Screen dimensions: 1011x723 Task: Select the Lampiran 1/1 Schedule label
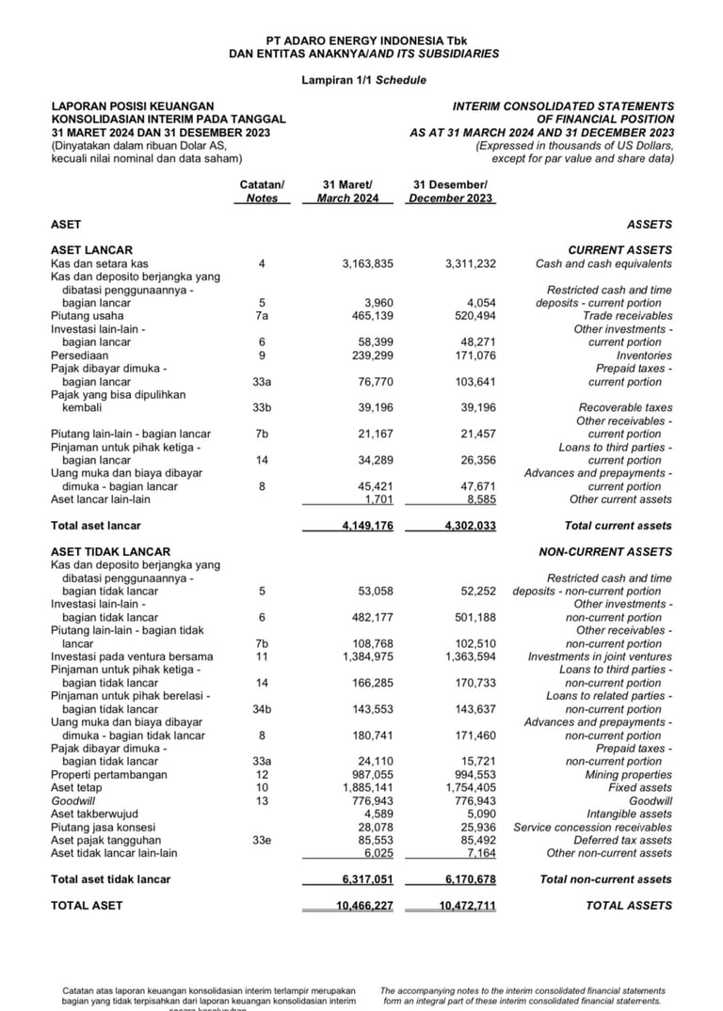click(x=363, y=81)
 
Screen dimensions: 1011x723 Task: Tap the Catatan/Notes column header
click(x=262, y=192)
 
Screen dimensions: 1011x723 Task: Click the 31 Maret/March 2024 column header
click(x=347, y=192)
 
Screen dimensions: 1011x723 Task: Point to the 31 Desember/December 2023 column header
click(x=450, y=192)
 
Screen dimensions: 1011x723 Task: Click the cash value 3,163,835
click(x=367, y=264)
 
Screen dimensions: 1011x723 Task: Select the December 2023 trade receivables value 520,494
click(x=470, y=317)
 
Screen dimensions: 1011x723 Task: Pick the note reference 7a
click(x=262, y=317)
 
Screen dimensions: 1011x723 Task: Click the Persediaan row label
click(x=80, y=356)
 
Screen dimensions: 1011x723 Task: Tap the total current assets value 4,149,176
click(x=367, y=526)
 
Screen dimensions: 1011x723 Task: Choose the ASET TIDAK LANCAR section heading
click(x=111, y=552)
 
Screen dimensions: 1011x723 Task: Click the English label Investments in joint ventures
click(x=600, y=656)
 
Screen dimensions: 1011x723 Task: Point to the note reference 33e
click(x=262, y=840)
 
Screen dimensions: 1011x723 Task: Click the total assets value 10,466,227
click(x=364, y=906)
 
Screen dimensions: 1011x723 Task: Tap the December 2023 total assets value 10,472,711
click(x=467, y=906)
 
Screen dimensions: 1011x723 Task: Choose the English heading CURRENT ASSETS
click(x=619, y=250)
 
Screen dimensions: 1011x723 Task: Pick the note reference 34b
click(x=262, y=709)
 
